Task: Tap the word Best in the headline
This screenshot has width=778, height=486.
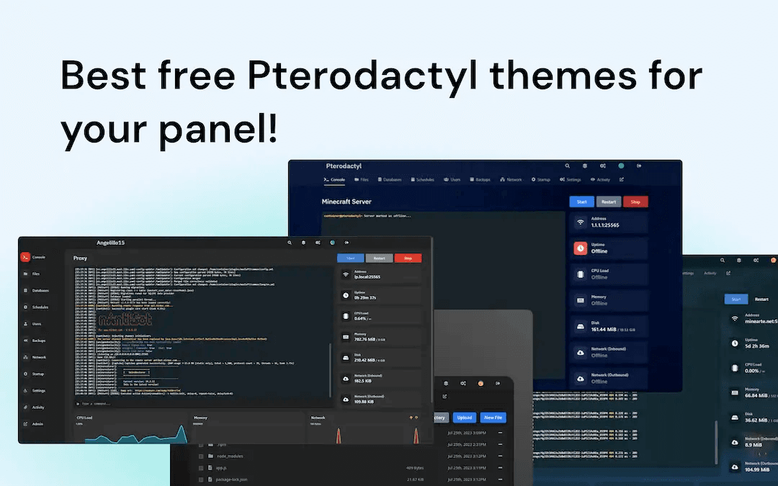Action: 104,75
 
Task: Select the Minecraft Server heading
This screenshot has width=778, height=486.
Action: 346,202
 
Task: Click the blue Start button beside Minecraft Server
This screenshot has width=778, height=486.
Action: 581,202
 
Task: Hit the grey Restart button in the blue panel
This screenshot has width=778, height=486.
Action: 609,202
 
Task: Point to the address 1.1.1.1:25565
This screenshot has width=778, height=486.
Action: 605,225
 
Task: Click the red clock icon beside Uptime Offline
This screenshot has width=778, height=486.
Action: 581,248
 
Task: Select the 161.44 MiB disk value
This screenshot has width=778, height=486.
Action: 603,329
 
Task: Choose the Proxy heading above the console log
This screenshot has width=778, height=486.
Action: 81,258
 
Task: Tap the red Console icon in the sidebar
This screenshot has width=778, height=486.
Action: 25,257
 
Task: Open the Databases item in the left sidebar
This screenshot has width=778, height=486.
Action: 40,290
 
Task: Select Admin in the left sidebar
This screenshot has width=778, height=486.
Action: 37,423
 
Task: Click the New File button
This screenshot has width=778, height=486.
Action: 493,418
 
